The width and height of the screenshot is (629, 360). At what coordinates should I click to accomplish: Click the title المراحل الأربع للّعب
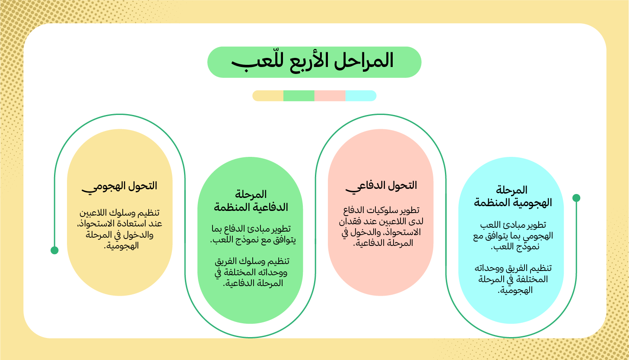314,62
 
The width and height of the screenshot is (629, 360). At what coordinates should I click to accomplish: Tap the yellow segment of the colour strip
268,96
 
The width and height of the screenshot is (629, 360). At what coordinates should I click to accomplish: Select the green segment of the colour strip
299,96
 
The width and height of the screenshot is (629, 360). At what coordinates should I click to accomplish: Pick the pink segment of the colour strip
330,96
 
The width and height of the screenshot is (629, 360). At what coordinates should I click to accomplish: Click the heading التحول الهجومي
120,186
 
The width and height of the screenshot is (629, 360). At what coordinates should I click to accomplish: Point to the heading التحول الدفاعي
381,185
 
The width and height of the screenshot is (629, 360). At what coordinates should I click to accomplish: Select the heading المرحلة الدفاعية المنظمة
251,201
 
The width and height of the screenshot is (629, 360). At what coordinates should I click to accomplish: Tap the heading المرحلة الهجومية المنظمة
513,196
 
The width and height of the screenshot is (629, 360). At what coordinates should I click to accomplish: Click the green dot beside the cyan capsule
576,198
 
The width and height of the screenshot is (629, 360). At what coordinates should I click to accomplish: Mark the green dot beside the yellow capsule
54,250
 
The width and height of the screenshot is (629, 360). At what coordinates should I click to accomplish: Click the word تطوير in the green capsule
281,229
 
